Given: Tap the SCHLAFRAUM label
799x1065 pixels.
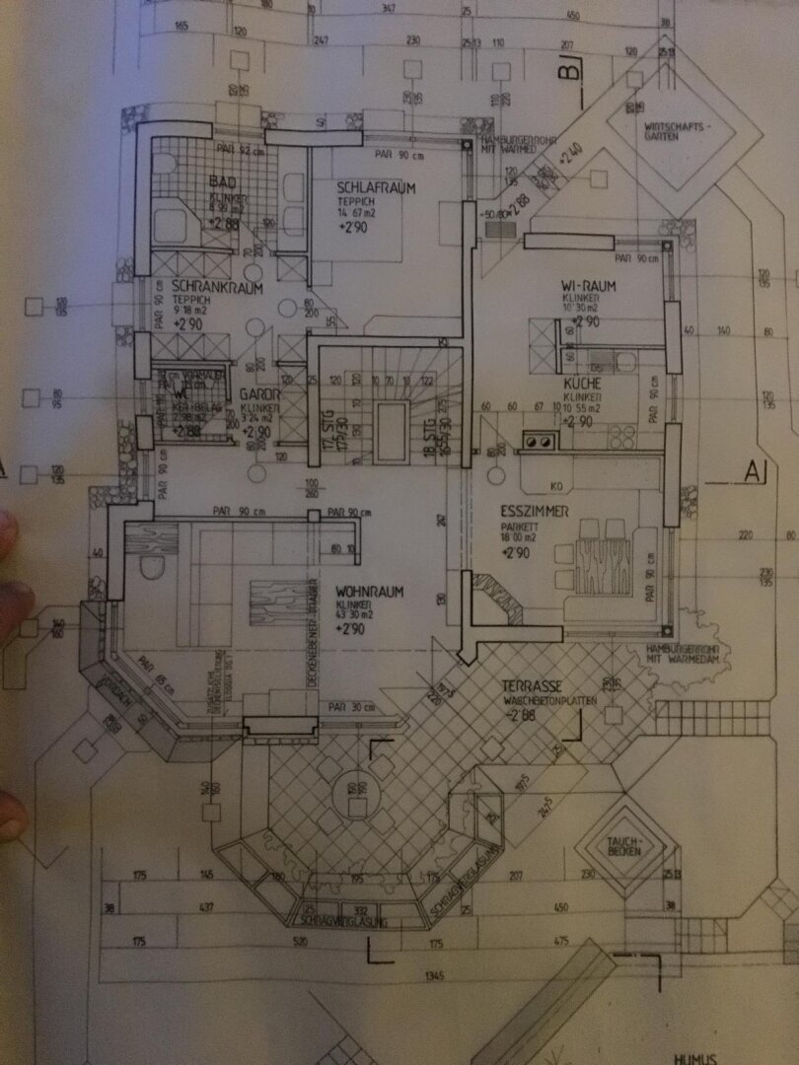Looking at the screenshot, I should coord(375,187).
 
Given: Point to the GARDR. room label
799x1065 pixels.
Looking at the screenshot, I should coord(261,393).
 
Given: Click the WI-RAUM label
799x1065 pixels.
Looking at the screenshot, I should coord(588,286).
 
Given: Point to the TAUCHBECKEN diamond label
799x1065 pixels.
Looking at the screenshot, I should coord(625,845).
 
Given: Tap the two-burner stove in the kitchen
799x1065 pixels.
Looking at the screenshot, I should coord(539,443).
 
